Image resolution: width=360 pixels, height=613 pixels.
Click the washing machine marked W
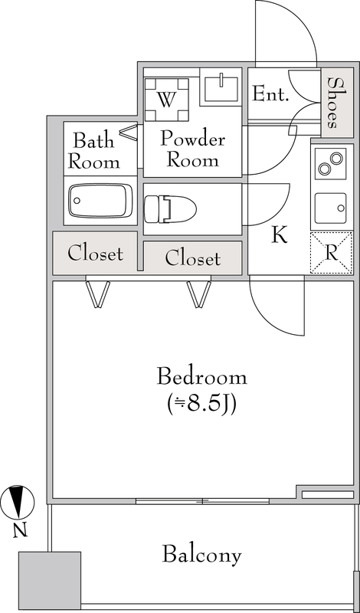click(x=166, y=100)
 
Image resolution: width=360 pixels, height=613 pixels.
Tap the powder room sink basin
click(x=219, y=87)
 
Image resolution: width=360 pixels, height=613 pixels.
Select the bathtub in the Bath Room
click(x=100, y=201)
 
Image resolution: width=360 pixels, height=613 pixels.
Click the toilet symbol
click(x=170, y=209)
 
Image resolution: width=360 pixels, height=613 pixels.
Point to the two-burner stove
click(x=330, y=164)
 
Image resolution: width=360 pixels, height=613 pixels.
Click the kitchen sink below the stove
click(x=330, y=208)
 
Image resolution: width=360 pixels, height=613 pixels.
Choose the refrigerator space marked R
click(x=331, y=253)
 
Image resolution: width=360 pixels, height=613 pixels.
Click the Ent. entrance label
click(x=270, y=94)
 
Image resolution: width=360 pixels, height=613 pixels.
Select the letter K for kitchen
click(x=280, y=235)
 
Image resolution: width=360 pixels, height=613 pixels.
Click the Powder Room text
click(x=192, y=149)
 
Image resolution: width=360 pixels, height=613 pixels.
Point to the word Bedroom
click(x=201, y=377)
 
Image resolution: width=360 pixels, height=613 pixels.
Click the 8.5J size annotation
click(x=201, y=405)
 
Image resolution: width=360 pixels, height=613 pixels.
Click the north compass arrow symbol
click(x=17, y=502)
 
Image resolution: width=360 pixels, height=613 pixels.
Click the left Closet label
click(x=95, y=254)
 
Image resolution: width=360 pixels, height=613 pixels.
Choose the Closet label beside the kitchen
click(x=193, y=258)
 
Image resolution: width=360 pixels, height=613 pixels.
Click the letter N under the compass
click(x=20, y=530)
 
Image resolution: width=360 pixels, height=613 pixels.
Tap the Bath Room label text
click(x=94, y=151)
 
